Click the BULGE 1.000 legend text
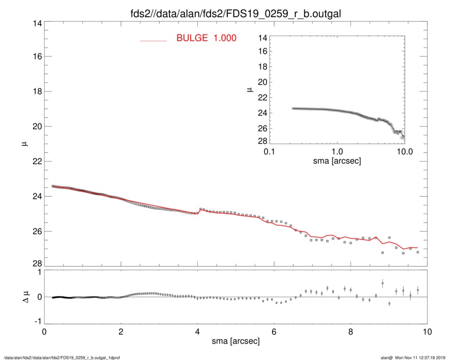(206, 38)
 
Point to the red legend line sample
(153, 40)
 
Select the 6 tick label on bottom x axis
(274, 332)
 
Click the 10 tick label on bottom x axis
(427, 332)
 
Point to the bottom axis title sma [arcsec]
(235, 341)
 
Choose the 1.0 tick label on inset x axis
(337, 152)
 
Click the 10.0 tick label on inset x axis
(404, 152)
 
